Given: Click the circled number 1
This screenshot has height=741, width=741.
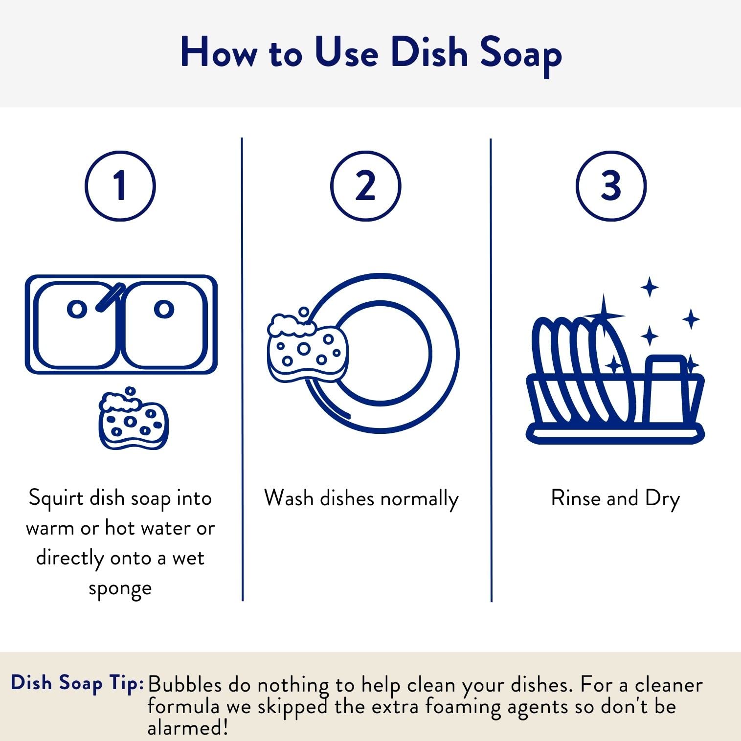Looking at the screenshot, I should tap(120, 186).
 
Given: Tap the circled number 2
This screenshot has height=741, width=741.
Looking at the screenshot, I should tap(365, 186).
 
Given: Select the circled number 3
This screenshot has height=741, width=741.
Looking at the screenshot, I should tap(611, 186).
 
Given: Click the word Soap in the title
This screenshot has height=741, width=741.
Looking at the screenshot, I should tap(520, 53).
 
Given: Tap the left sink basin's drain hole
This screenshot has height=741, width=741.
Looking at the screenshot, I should tap(77, 309).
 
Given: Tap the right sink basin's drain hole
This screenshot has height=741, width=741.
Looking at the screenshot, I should tap(164, 309).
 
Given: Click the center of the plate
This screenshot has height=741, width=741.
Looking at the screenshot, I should tap(382, 353).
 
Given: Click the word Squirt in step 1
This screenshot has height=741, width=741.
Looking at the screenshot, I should tap(56, 498).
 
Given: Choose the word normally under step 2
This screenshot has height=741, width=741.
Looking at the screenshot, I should tap(419, 499).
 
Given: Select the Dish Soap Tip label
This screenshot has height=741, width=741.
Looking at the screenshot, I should tap(77, 683).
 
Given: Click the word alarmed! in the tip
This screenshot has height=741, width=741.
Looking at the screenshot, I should tap(188, 727).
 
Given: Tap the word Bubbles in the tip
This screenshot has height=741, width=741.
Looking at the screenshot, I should tap(184, 684).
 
